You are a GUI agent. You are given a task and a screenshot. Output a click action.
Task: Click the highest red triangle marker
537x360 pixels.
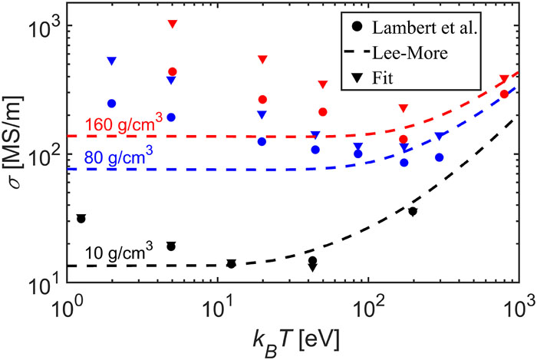(173, 25)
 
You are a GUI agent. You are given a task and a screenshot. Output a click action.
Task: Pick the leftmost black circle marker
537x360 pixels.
(81, 219)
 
